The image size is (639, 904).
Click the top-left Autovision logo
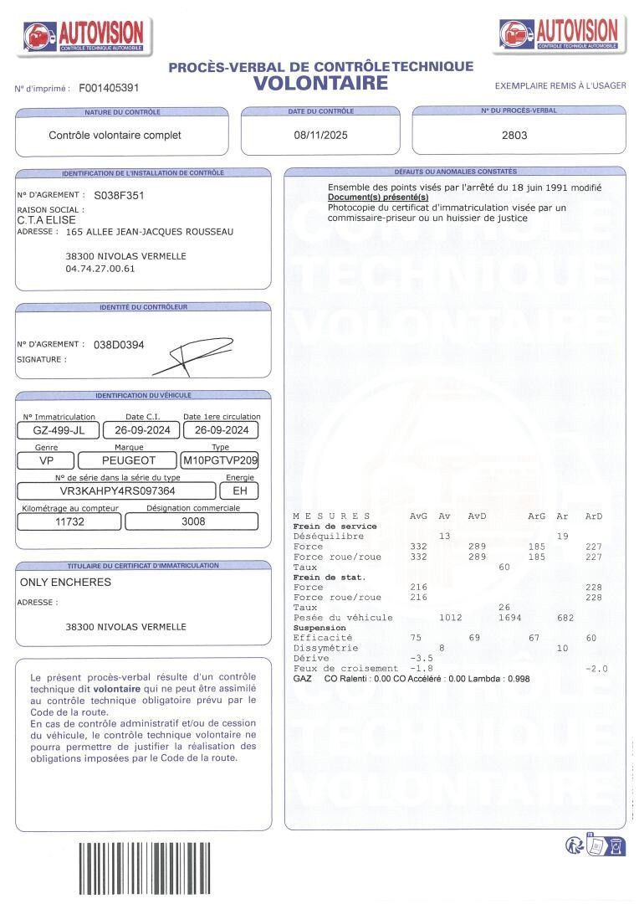(84, 36)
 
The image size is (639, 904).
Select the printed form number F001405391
(109, 87)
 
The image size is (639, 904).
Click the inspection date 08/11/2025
(320, 135)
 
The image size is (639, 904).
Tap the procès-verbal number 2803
(514, 135)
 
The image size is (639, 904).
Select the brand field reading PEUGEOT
(129, 460)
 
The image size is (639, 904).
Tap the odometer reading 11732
(70, 521)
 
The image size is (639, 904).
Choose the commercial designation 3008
(193, 521)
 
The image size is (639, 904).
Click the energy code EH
(239, 491)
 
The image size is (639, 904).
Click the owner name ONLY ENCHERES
(65, 582)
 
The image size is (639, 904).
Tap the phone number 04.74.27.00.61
(100, 269)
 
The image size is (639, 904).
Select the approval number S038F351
(119, 195)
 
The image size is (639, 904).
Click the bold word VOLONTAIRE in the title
(321, 83)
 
